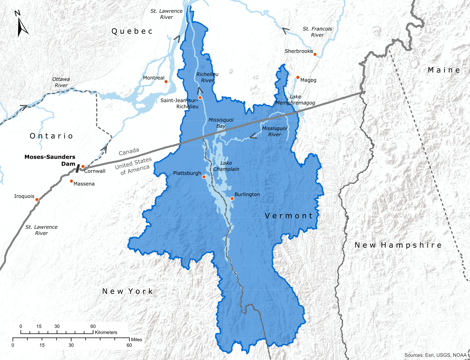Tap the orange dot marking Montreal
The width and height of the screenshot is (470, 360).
166,81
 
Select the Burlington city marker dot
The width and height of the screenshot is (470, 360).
232,199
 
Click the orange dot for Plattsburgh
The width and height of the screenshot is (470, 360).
204,177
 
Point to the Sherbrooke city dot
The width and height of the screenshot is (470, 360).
315,54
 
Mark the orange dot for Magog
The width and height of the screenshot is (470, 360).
298,77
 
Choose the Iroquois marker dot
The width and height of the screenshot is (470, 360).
37,200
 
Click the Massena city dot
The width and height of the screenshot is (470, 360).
71,181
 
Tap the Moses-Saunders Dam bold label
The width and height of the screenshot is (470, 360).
50,160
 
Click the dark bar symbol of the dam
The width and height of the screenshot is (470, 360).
77,168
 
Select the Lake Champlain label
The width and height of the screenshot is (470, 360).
226,166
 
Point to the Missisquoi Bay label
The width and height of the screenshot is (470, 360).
221,123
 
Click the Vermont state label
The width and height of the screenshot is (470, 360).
289,216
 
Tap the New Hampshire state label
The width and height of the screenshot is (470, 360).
398,245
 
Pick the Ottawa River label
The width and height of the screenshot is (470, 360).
61,82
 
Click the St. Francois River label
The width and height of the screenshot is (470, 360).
317,32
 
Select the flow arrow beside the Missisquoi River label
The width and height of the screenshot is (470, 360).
253,135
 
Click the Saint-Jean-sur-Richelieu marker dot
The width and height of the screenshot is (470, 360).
200,97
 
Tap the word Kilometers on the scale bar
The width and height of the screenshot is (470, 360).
106,332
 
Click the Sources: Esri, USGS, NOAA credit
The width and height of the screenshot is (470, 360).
435,355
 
